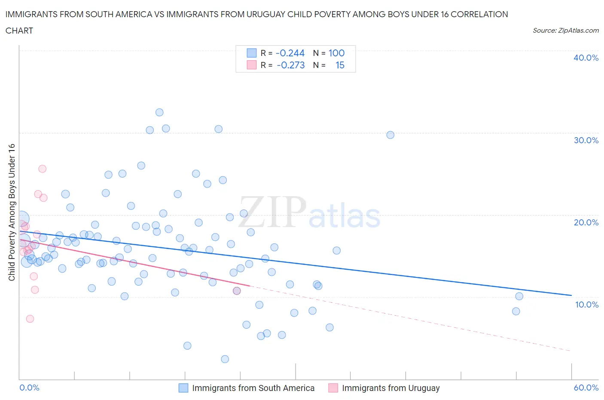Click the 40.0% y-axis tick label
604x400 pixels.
[586, 58]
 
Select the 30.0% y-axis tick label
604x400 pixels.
[586, 140]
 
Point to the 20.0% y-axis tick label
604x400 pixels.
[586, 222]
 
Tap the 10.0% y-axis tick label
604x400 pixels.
[586, 305]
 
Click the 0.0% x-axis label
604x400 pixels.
[30, 388]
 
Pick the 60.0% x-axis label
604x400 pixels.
[586, 388]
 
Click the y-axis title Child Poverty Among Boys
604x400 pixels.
[12, 212]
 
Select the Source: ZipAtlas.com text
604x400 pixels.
[565, 31]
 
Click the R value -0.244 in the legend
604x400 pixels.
[290, 53]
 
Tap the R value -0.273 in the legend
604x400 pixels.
[291, 65]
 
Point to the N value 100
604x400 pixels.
[336, 53]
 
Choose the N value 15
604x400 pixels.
[340, 65]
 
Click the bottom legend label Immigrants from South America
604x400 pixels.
[253, 388]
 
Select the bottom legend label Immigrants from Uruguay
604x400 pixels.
[390, 388]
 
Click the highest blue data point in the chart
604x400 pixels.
[159, 112]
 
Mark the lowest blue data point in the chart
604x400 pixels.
[225, 359]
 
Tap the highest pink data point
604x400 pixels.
[42, 169]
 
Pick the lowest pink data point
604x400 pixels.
[30, 319]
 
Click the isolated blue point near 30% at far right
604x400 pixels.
[390, 135]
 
